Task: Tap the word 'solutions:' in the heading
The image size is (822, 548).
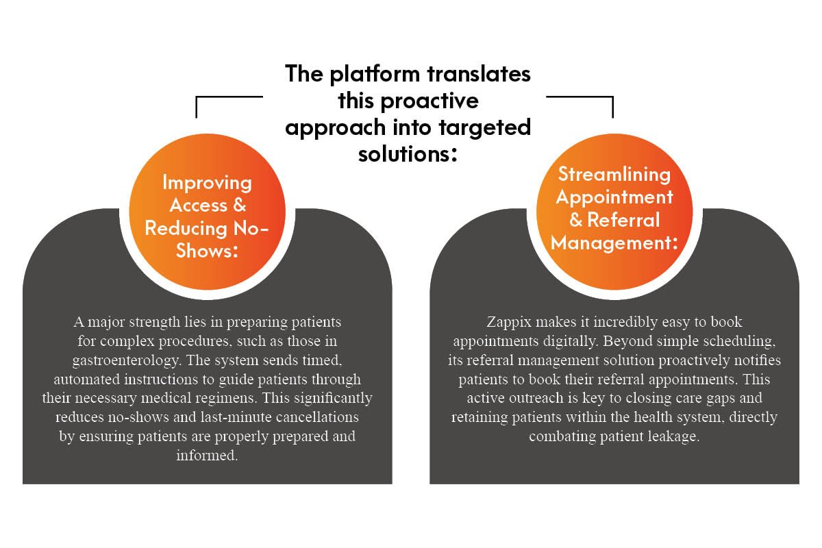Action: coord(408,153)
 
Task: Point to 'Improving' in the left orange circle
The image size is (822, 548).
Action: coord(207,183)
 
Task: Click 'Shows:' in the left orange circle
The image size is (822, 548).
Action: coord(207,251)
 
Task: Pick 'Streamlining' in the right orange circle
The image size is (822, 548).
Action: coord(613,175)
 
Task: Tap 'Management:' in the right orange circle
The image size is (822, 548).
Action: coord(613,242)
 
